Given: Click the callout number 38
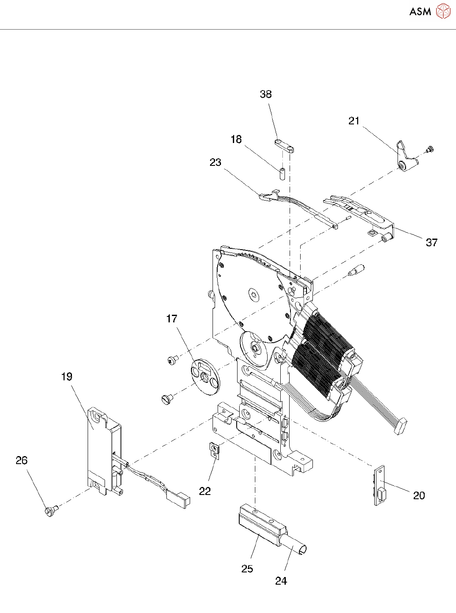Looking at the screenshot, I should (x=265, y=94).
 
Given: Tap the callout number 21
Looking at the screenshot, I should (x=354, y=121).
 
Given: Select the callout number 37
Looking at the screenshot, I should (x=431, y=242).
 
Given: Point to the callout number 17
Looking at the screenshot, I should (x=171, y=319).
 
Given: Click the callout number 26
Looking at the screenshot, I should (x=22, y=460).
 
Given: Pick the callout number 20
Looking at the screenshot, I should (x=419, y=495).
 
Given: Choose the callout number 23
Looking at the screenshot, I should (x=216, y=162).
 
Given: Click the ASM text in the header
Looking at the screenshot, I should (x=420, y=11).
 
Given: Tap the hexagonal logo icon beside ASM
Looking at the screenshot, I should (x=443, y=11).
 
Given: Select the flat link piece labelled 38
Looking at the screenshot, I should (x=285, y=146).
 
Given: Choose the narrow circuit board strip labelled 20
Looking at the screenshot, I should (x=380, y=487).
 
